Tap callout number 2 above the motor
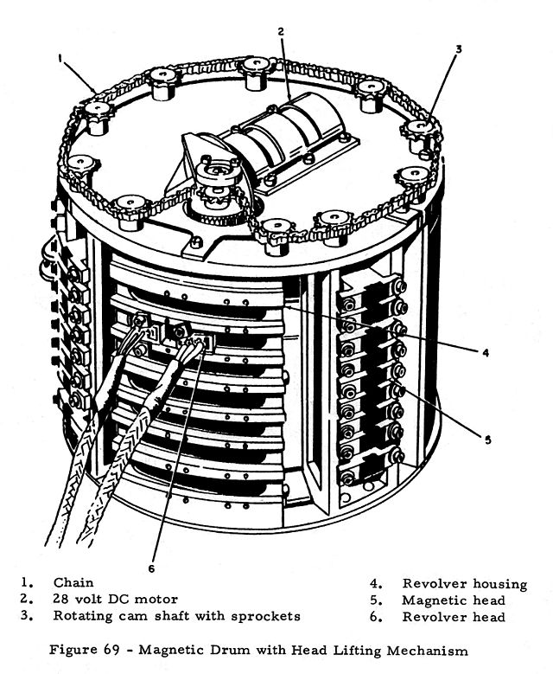(281, 32)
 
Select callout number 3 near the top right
(460, 49)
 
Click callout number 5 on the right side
(487, 440)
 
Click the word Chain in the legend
(73, 582)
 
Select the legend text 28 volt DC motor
(114, 599)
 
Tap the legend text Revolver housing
(463, 584)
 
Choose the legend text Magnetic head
(453, 600)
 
